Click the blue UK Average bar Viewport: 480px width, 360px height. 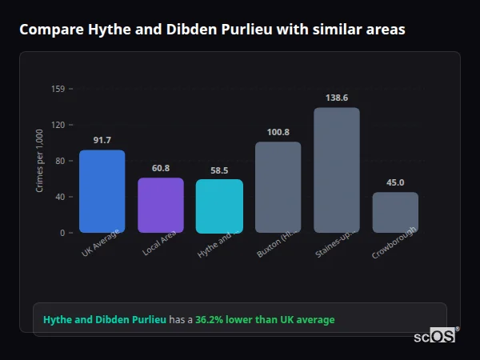pos(102,191)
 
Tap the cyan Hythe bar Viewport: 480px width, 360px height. pos(219,206)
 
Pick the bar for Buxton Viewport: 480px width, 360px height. pos(278,187)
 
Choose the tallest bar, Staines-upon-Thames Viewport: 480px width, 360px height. pos(336,170)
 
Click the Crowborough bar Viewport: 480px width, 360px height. pos(394,212)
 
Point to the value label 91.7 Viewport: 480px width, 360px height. pos(102,141)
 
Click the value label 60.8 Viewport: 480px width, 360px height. pos(160,168)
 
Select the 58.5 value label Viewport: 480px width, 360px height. pos(219,170)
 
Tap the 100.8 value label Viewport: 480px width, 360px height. pos(278,132)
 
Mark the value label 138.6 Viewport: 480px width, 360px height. pos(336,98)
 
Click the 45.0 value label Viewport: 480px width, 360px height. pos(394,182)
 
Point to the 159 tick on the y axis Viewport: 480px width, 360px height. pos(58,89)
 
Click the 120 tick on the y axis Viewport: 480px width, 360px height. pos(58,125)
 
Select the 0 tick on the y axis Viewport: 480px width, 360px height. pos(62,233)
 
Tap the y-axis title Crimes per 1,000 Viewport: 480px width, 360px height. pos(39,161)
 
